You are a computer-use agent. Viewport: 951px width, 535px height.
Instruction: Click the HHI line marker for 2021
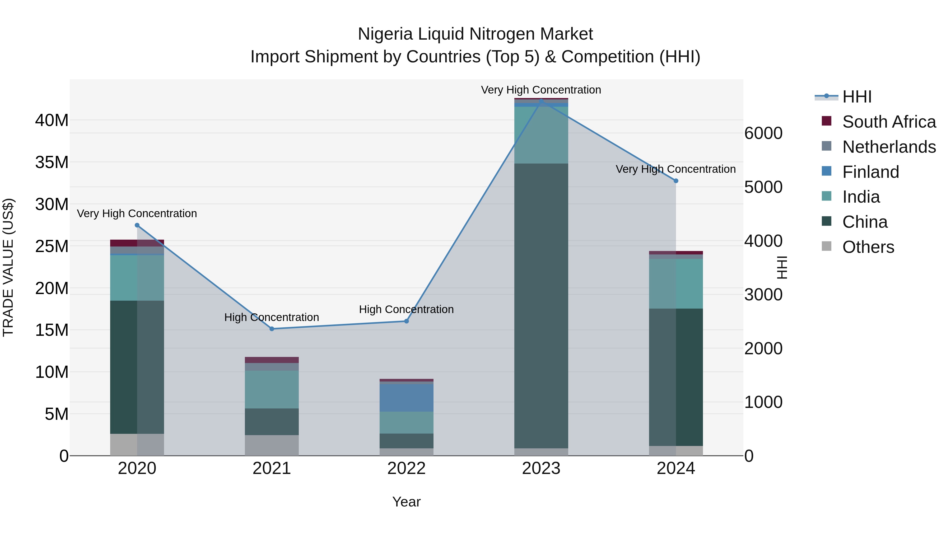272,329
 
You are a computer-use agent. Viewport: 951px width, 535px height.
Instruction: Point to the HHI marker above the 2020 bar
137,225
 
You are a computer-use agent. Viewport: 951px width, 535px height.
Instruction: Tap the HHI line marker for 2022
407,321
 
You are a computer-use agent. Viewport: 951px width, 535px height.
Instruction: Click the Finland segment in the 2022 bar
407,398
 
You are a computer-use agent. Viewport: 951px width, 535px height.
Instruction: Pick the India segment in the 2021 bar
272,389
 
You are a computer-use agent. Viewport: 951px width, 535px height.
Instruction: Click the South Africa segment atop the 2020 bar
137,243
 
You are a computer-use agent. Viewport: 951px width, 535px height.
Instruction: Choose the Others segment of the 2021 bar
272,445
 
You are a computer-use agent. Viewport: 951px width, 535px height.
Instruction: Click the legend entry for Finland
870,172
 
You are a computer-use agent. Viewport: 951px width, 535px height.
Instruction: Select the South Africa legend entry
889,122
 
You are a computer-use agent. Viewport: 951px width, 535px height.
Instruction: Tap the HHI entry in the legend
856,97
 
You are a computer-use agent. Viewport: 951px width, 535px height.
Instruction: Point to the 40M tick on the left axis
52,120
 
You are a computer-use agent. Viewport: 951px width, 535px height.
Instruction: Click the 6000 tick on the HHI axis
763,133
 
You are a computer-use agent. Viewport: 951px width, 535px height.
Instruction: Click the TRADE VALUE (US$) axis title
8,268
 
